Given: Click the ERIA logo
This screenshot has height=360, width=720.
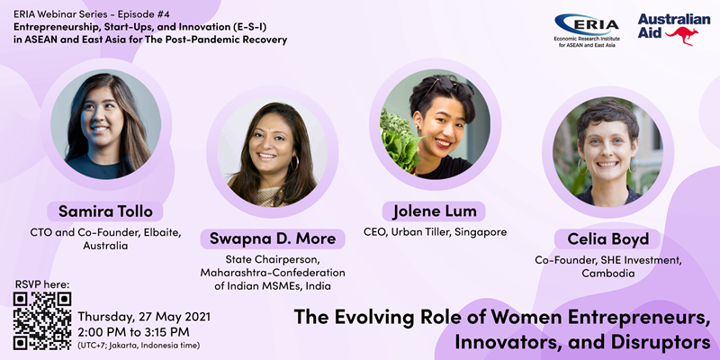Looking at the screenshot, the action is (587, 31).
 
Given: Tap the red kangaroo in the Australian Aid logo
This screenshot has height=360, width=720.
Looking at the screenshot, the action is (682, 36).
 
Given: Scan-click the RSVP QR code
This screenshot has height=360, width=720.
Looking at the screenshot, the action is (42, 321).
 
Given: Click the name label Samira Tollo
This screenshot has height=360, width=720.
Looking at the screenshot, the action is (105, 211).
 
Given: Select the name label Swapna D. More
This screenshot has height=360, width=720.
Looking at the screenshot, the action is (273, 238).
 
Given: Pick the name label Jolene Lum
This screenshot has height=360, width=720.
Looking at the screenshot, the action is (434, 211).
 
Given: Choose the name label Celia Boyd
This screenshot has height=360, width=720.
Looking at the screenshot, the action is (608, 238).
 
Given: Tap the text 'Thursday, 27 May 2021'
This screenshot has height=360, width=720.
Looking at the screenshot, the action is (144, 317).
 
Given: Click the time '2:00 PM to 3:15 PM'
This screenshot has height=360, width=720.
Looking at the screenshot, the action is (133, 331).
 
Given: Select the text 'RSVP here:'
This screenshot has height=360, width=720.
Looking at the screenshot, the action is (41, 284).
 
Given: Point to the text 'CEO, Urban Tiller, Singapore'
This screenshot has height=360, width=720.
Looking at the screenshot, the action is (436, 232).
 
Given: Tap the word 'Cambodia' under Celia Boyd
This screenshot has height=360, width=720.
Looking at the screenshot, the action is (608, 274).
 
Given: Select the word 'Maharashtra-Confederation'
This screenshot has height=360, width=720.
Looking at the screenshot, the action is (273, 273).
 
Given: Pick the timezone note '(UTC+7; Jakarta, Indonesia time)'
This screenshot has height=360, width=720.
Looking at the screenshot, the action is (139, 346).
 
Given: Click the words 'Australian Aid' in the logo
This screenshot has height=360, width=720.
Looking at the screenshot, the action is (672, 26).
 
